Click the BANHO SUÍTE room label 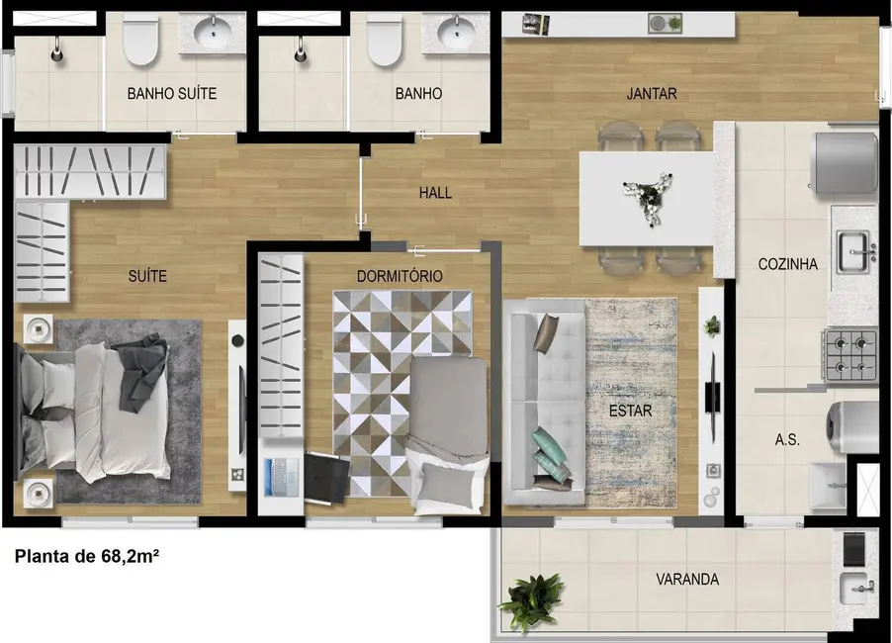[x=172, y=93]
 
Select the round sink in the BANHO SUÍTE [x=213, y=32]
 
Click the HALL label [x=435, y=193]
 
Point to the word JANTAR [x=652, y=93]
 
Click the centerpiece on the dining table [x=648, y=196]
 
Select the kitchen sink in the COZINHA [x=854, y=251]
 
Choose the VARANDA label [x=687, y=580]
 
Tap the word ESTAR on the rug [x=630, y=411]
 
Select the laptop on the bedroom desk [x=281, y=477]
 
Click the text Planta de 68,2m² [x=86, y=556]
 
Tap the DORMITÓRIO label [x=400, y=276]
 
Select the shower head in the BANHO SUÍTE [x=57, y=50]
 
